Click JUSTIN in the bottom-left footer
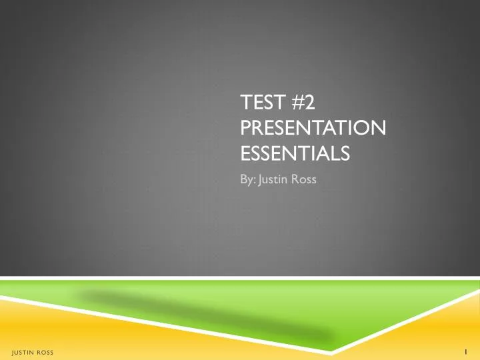23,351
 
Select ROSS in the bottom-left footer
45,351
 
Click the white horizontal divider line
240,278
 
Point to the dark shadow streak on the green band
200,313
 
